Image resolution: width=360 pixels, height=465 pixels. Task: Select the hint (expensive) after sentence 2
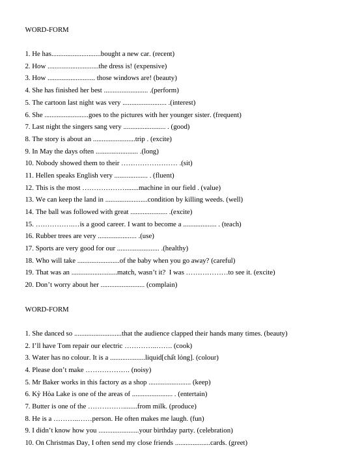[x=150, y=66]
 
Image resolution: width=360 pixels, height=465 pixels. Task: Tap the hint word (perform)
[x=164, y=90]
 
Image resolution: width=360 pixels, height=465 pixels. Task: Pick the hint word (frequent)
[x=227, y=115]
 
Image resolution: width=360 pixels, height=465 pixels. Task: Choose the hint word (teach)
[x=231, y=224]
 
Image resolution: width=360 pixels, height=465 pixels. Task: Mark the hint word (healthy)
[x=174, y=248]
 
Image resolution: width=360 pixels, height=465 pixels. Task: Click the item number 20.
[x=29, y=285]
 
